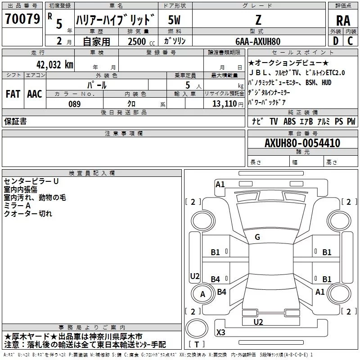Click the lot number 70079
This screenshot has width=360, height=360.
pos(22,19)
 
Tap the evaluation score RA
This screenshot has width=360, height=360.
pos(343,20)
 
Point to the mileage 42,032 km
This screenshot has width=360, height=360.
pos(50,64)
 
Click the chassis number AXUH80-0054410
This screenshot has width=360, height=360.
pos(302,144)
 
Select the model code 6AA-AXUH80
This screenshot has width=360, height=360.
pos(258,41)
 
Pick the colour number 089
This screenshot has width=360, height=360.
pos(74,104)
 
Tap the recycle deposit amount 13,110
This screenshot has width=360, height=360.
pos(222,104)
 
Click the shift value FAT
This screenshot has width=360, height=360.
pos(13,94)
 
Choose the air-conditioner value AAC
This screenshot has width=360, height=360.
pos(34,94)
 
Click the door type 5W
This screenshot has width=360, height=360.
pos(175,19)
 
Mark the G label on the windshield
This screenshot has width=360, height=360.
pos(257,237)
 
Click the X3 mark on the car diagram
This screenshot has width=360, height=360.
pos(220,333)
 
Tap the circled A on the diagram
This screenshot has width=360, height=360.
pos(202,295)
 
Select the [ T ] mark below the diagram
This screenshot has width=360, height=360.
pos(197,345)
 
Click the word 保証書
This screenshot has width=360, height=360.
pos(15,121)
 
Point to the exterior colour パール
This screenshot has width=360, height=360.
pos(97,85)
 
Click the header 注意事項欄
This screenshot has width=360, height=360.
pos(123,134)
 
